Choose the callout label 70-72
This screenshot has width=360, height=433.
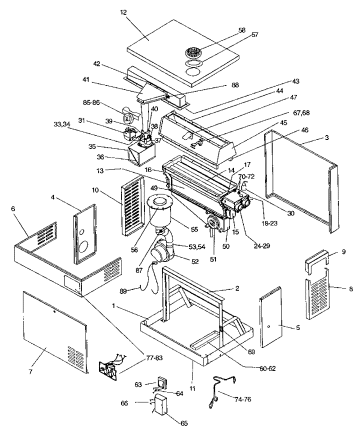pyautogui.click(x=246, y=177)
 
